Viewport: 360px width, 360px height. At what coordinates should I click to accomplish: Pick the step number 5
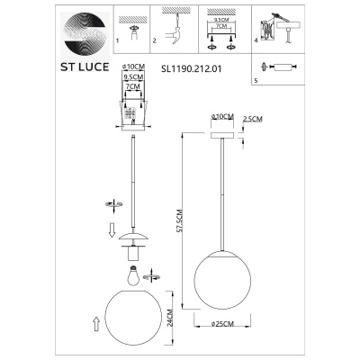coord(256,81)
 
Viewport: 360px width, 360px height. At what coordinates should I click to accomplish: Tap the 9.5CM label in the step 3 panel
coord(219,16)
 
